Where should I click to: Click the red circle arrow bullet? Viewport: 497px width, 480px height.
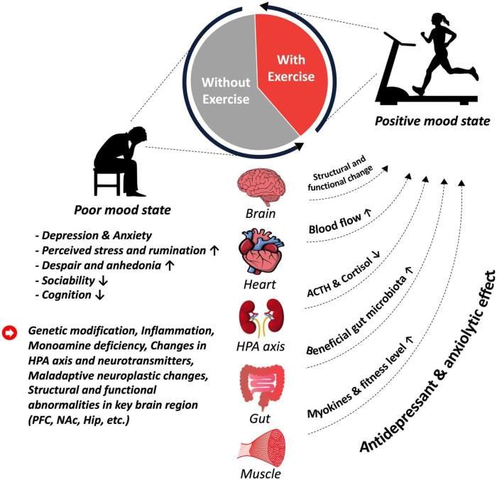(10, 332)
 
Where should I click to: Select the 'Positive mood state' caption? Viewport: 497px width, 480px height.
(432, 121)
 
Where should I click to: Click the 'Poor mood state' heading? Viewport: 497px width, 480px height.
(121, 210)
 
